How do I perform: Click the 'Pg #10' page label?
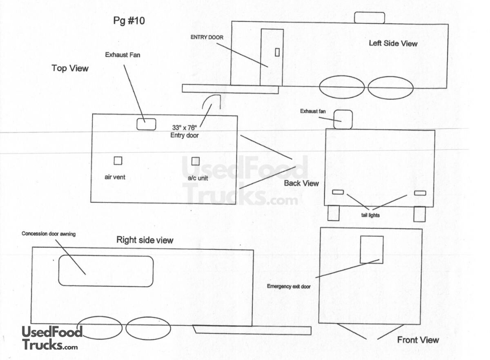(129, 21)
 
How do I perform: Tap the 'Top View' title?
(70, 68)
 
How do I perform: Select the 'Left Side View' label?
(393, 43)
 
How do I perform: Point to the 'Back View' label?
(301, 183)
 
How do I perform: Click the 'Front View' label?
(418, 340)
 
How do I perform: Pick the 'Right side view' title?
(145, 240)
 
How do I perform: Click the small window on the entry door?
(277, 52)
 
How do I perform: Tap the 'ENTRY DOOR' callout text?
(207, 37)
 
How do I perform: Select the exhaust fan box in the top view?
(146, 124)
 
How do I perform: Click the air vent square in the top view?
(118, 161)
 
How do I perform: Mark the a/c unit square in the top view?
(196, 161)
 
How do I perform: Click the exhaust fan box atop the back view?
(343, 119)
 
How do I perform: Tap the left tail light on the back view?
(338, 192)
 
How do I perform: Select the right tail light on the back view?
(420, 193)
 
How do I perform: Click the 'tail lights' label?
(371, 215)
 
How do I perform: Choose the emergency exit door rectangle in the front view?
(371, 249)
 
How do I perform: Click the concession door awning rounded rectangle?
(106, 271)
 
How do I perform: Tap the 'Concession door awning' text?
(49, 234)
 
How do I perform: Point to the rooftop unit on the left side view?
(369, 18)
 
